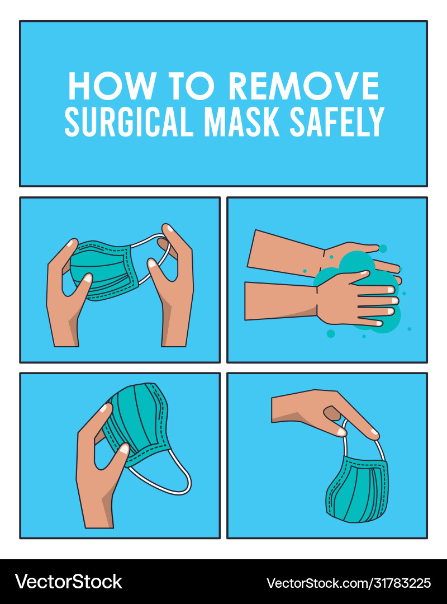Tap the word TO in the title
pyautogui.click(x=193, y=87)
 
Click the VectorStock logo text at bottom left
pyautogui.click(x=68, y=582)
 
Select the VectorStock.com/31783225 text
pyautogui.click(x=349, y=583)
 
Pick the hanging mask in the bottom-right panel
pyautogui.click(x=358, y=489)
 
